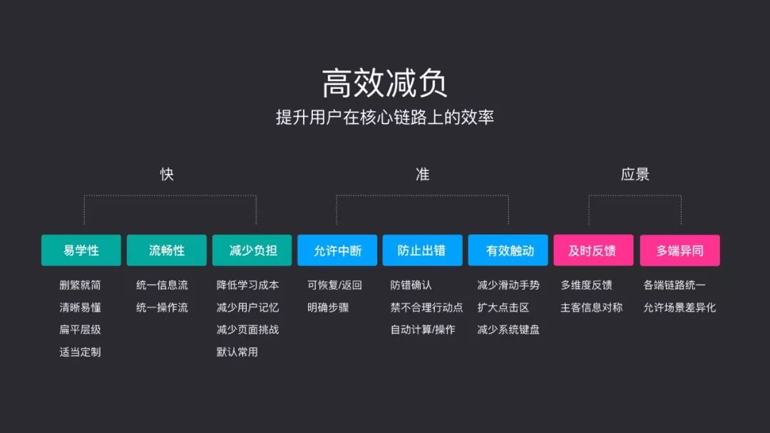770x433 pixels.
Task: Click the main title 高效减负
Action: [x=385, y=83]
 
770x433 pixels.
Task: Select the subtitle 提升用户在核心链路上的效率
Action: [x=385, y=117]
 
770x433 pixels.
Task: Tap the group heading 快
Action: [x=167, y=174]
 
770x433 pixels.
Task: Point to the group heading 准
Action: [x=423, y=174]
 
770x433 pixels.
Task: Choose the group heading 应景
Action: [x=635, y=174]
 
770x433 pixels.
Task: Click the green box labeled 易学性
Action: [x=81, y=251]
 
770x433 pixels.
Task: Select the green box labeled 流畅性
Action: [x=167, y=251]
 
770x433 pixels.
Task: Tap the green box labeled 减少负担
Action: [x=252, y=251]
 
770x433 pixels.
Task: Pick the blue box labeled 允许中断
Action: [x=337, y=251]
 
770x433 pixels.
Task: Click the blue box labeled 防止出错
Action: [x=422, y=251]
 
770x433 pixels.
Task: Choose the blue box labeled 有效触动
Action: [x=508, y=251]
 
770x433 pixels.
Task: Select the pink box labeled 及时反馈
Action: [x=593, y=251]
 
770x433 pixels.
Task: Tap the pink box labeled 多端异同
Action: [x=679, y=251]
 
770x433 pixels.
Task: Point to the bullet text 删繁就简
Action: [x=80, y=286]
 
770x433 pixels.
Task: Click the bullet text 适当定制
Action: [x=80, y=352]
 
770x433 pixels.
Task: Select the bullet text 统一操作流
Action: [x=162, y=308]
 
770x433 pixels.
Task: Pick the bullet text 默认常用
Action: [x=237, y=352]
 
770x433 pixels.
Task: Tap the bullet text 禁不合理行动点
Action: [x=426, y=308]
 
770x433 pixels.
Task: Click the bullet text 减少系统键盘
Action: [x=508, y=330]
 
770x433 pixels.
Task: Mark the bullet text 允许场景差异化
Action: [x=679, y=308]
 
